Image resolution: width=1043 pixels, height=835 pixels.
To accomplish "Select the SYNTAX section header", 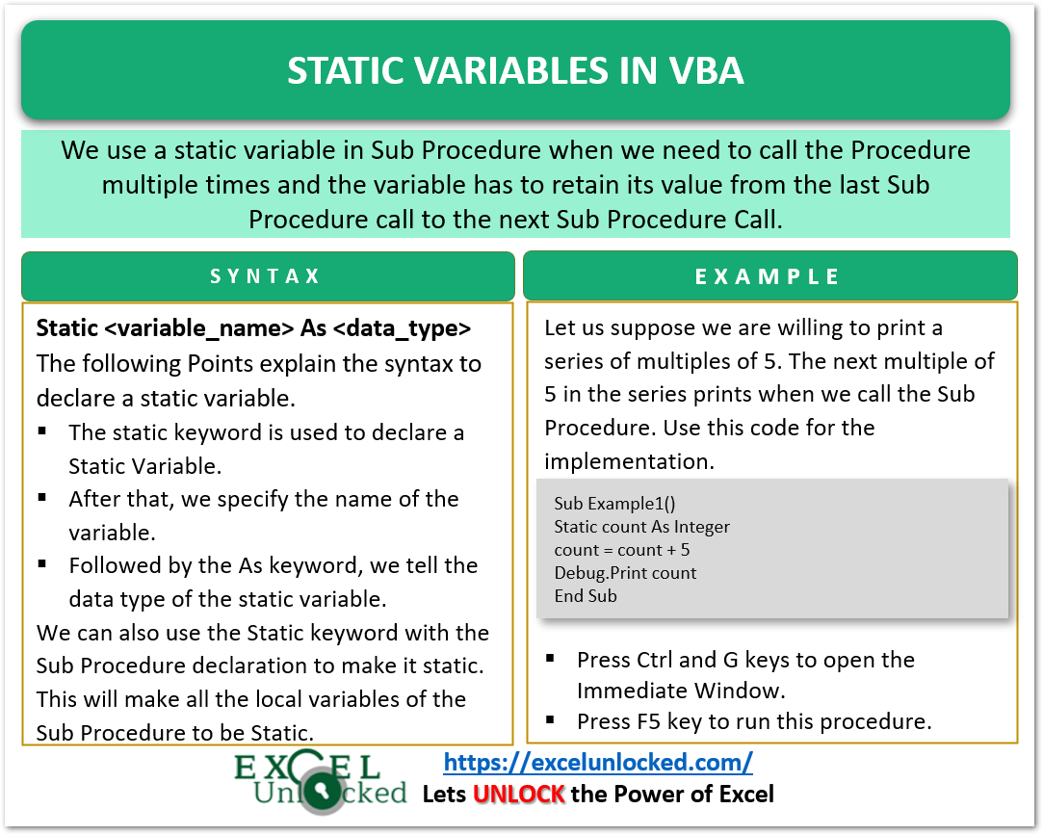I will [266, 276].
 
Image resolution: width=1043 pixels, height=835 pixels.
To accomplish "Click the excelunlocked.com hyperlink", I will [597, 763].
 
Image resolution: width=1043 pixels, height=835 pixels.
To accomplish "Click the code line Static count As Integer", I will [641, 527].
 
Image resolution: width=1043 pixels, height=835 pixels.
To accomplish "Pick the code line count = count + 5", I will [621, 550].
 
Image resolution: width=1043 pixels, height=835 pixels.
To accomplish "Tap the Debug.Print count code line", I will [625, 573].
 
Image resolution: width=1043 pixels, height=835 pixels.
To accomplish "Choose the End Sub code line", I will [586, 596].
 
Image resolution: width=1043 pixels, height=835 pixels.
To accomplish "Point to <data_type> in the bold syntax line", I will [403, 328].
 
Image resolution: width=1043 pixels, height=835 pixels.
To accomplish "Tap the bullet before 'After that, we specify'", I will [44, 498].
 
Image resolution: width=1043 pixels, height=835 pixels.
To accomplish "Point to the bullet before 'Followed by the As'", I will [44, 564].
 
